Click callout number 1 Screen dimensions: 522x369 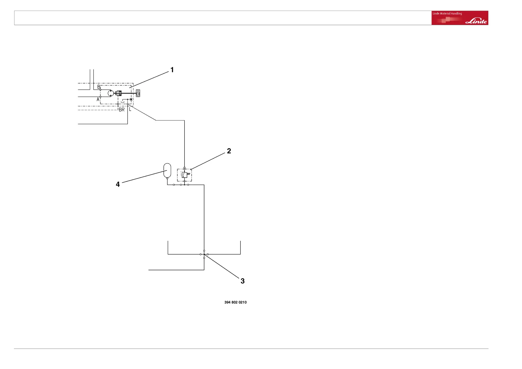[172, 70]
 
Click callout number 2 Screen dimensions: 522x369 [229, 151]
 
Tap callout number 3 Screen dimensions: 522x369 [242, 281]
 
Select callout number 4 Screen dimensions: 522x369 [117, 184]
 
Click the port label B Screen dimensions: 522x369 [99, 87]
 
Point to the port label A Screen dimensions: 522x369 [98, 100]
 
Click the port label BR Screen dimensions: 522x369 [122, 109]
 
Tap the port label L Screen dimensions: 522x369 [130, 109]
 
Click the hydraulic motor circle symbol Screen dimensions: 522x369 [111, 93]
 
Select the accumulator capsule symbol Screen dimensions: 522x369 [167, 170]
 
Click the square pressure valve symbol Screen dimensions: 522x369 [184, 175]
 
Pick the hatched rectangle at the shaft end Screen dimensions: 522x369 [138, 93]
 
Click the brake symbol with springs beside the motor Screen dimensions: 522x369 [118, 93]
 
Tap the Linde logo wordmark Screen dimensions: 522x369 [476, 21]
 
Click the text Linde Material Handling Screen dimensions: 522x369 [447, 14]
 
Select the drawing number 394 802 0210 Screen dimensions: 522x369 [235, 302]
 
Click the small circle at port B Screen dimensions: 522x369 [100, 90]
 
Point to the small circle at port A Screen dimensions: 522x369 [100, 97]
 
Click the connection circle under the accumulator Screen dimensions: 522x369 [167, 178]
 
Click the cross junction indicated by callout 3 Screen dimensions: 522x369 [204, 254]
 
